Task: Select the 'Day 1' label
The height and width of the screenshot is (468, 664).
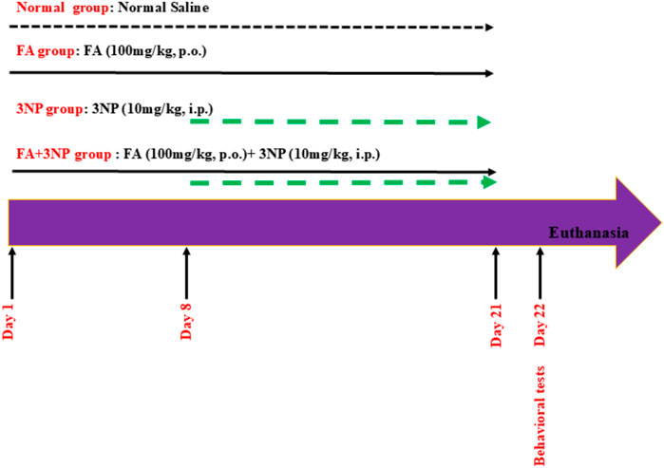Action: coord(9,322)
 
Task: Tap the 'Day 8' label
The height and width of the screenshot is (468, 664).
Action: coord(186,322)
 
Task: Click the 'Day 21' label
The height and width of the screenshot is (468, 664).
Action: coord(496,322)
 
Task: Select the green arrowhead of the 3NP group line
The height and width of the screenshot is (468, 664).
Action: coord(484,122)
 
